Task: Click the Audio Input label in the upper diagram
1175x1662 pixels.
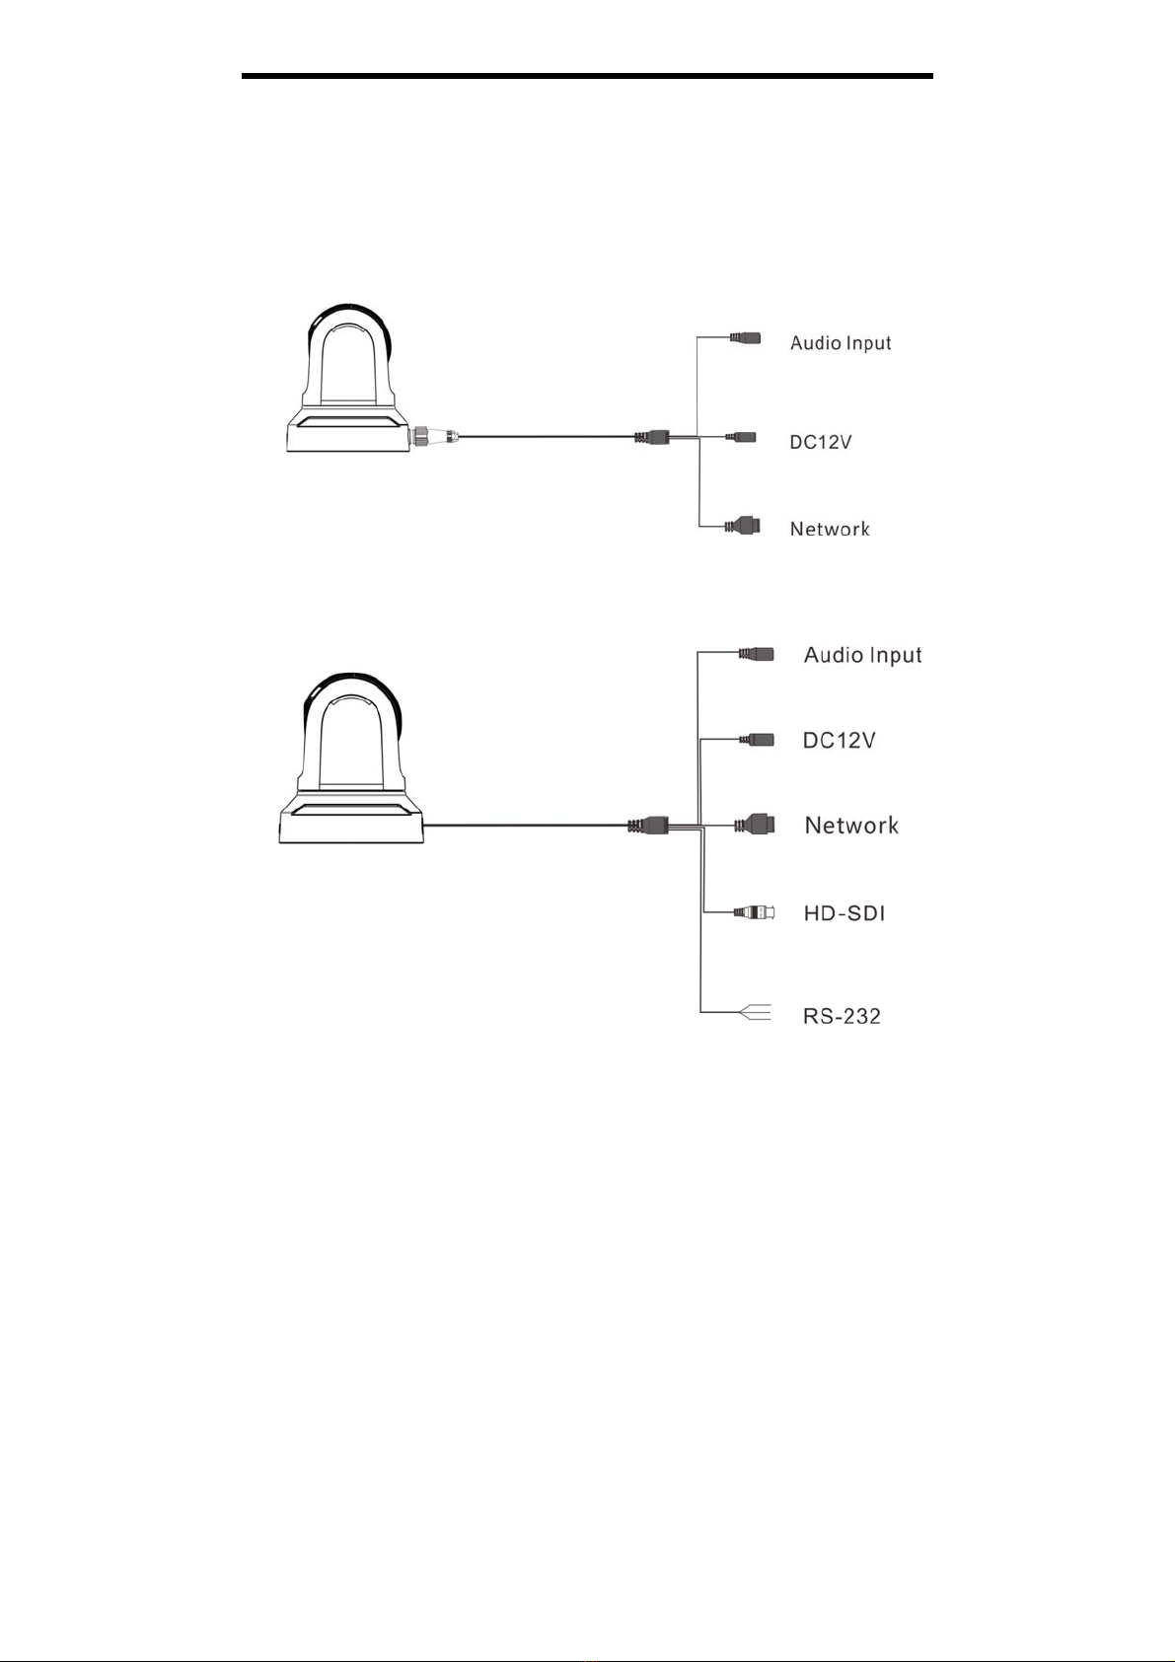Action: click(841, 343)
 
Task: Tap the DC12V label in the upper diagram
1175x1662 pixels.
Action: click(820, 442)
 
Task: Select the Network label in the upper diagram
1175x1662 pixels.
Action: click(830, 529)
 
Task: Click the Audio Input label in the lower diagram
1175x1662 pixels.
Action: click(862, 655)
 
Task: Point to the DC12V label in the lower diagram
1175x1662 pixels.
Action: click(840, 741)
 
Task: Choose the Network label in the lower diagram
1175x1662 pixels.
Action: click(851, 825)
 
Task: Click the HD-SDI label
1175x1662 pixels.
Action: click(844, 912)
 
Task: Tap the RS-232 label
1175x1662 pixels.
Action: click(842, 1016)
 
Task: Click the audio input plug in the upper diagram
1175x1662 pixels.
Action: click(745, 337)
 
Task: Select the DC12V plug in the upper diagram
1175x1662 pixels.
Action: click(741, 437)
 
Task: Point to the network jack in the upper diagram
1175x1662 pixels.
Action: click(742, 526)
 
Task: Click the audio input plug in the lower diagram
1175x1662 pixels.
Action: click(757, 654)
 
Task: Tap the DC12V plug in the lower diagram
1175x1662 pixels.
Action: click(757, 739)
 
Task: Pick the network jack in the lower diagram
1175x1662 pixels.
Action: click(755, 825)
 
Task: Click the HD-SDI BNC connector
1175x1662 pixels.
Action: click(757, 911)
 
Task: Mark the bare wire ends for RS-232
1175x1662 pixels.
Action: click(756, 1011)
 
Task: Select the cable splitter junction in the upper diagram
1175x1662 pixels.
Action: click(652, 437)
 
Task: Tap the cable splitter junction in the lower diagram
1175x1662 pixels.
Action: click(648, 825)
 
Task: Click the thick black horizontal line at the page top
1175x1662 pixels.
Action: click(587, 76)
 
